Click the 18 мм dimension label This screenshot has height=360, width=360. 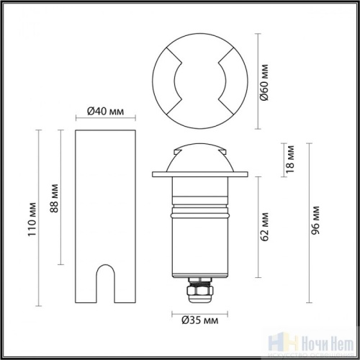tap(291, 161)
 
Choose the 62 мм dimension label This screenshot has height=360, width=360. tap(266, 226)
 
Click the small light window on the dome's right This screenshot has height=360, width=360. tap(224, 153)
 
